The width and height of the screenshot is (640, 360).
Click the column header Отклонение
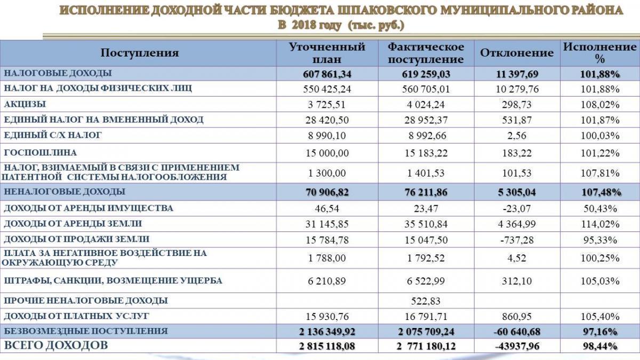517,53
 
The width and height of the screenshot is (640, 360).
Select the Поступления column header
140,53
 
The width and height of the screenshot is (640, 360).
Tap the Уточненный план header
327,53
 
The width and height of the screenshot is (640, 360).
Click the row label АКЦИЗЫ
25,103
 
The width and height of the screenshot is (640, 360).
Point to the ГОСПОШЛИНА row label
41,152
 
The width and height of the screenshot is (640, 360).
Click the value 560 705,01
426,89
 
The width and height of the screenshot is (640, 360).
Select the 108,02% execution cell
599,104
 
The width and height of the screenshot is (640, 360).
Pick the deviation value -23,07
517,209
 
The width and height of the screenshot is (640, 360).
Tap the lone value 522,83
426,301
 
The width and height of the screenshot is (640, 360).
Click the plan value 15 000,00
327,153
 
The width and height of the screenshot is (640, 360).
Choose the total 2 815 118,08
327,346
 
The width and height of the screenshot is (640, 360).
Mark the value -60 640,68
517,331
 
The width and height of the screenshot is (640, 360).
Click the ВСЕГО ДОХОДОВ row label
56,346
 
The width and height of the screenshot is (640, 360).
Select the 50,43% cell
599,209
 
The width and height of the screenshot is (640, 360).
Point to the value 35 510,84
426,224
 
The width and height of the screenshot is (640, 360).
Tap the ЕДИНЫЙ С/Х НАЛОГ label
53,135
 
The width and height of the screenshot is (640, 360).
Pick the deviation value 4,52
517,259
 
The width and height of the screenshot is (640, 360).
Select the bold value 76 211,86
426,192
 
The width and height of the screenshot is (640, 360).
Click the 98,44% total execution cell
599,346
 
